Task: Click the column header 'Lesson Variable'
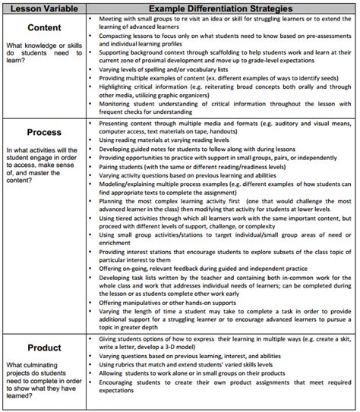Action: (x=43, y=5)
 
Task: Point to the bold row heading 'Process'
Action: (x=43, y=131)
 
